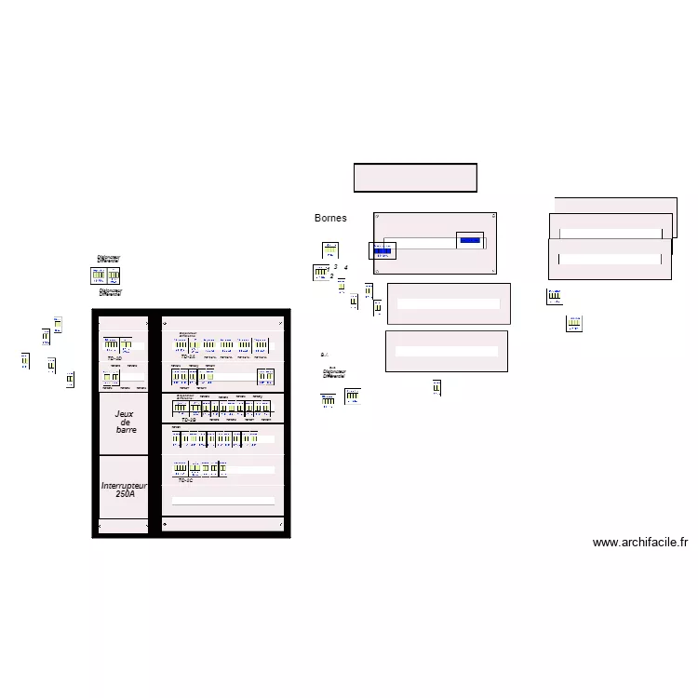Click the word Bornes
[330, 218]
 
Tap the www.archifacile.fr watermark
[639, 543]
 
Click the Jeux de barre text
[126, 422]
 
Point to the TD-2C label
[185, 480]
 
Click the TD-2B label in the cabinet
[187, 420]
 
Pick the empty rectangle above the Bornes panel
[415, 178]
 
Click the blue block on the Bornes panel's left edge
[383, 250]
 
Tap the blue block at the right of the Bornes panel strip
[470, 240]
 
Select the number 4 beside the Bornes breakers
[345, 267]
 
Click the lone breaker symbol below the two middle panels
[436, 387]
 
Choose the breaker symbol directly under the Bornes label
[330, 249]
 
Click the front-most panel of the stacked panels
[609, 259]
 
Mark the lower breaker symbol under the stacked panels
[574, 324]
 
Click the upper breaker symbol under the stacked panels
[554, 297]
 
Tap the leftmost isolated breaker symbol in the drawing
[25, 360]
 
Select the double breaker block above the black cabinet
[105, 275]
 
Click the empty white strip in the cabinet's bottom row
[224, 500]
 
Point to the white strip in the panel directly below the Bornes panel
[448, 304]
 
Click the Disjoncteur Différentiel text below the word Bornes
[334, 373]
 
